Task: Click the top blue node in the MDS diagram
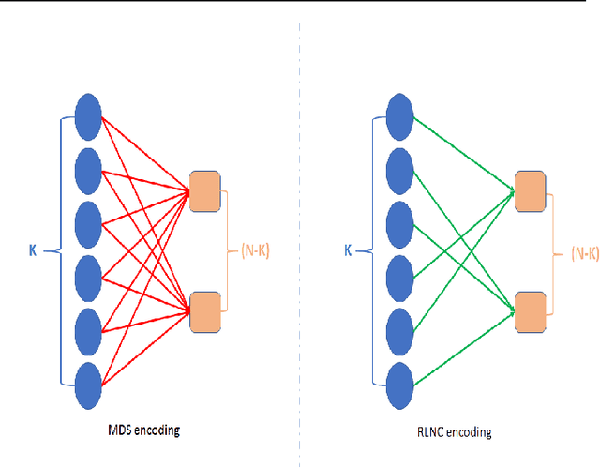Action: [87, 115]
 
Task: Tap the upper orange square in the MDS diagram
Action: [204, 191]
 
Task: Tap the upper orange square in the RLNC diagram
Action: [531, 191]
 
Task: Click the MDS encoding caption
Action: [143, 430]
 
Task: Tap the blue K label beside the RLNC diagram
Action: [350, 251]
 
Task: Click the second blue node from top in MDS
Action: [87, 170]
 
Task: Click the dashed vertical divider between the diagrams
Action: [300, 234]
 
